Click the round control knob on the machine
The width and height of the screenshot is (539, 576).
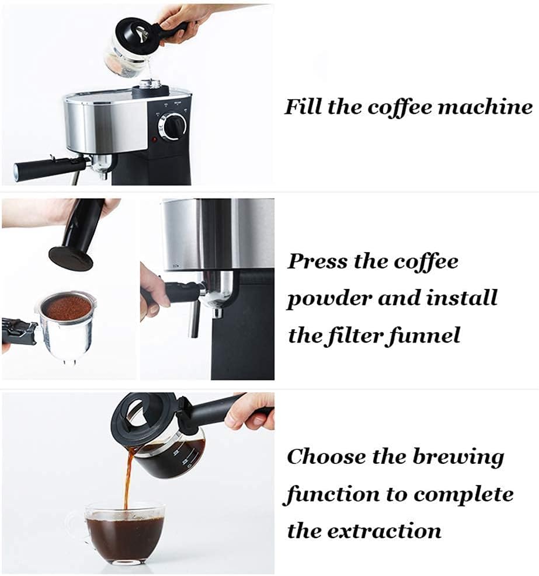coord(172,127)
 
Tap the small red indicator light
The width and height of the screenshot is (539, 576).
coord(154,139)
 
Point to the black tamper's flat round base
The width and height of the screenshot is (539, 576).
coord(71,259)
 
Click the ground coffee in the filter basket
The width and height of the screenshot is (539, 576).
coord(65,308)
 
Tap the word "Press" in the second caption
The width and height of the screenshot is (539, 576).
coord(317,261)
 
